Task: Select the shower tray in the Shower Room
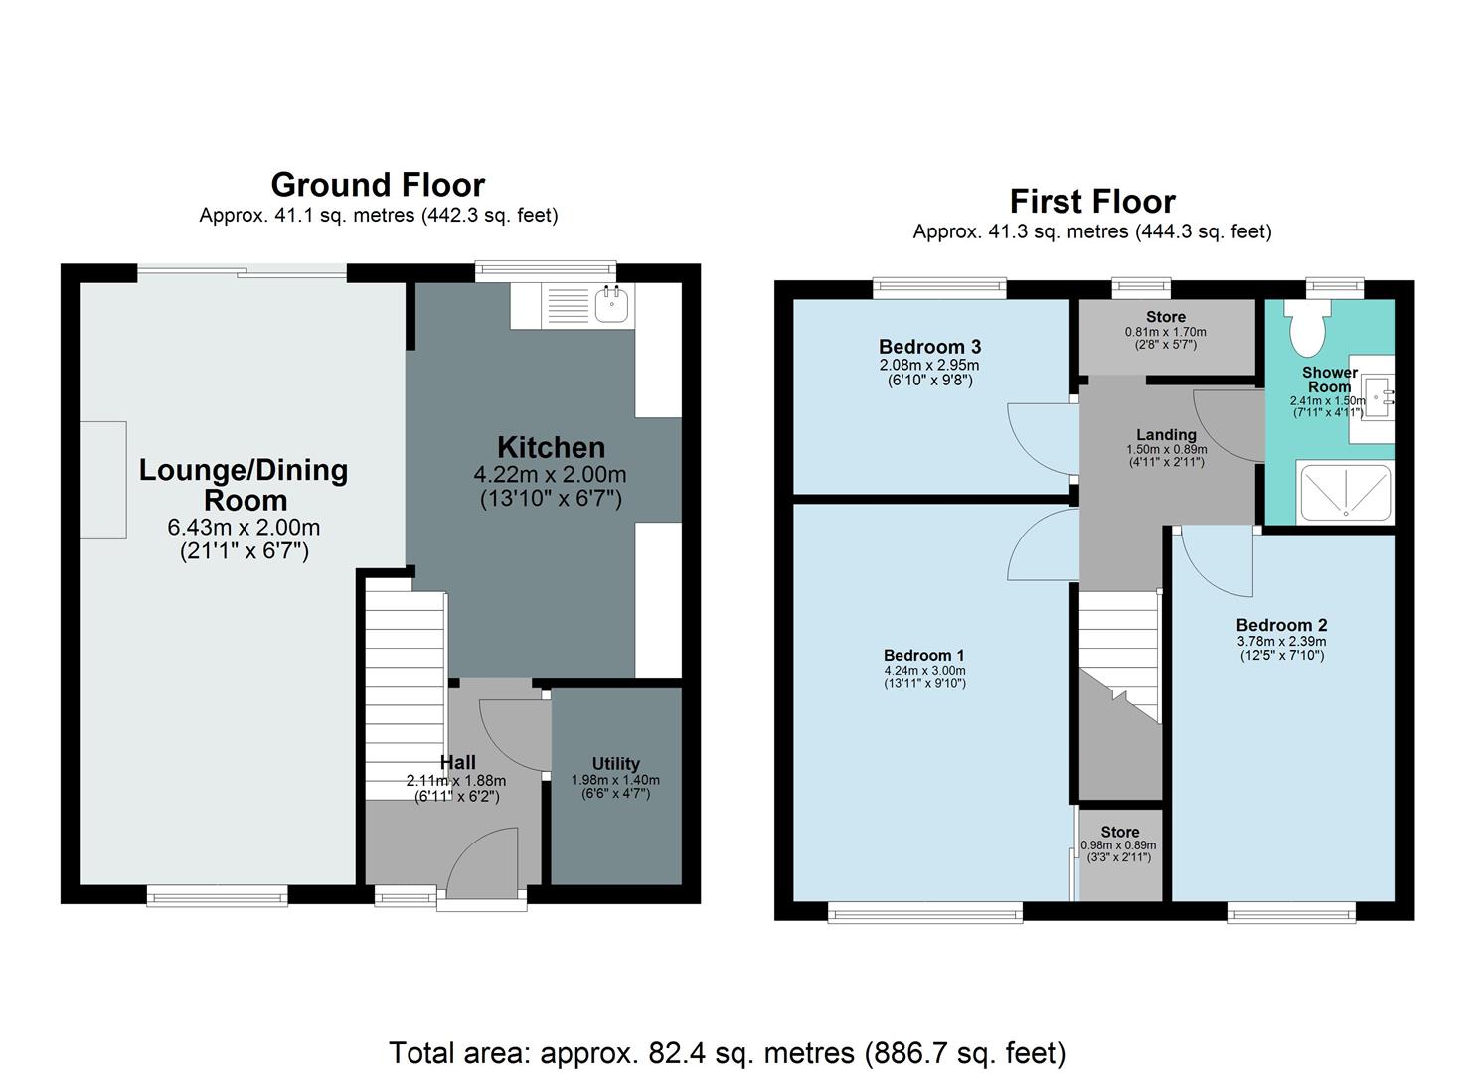[x=1344, y=493]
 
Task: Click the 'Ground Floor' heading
[x=378, y=185]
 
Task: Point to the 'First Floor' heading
[x=1092, y=202]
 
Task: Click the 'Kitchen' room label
[x=551, y=447]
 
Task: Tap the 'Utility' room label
[x=615, y=764]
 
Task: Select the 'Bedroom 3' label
[x=929, y=347]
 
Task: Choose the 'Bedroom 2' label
[x=1281, y=625]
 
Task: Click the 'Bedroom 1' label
[x=923, y=655]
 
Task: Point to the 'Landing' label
[x=1166, y=434]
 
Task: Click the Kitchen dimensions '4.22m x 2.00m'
[x=551, y=475]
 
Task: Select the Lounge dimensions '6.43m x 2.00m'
[x=245, y=528]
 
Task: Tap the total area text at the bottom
[x=727, y=1052]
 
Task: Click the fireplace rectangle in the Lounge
[x=102, y=480]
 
